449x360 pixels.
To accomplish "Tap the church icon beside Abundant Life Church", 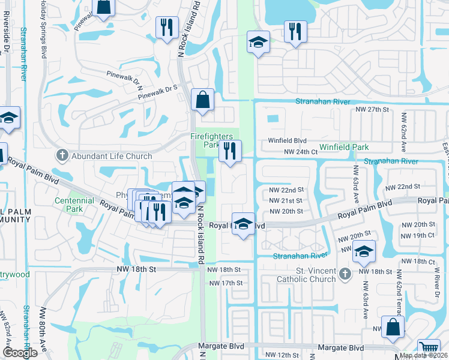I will [61, 156].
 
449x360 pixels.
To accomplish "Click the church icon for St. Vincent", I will [344, 274].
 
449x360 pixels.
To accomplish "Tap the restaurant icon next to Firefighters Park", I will [230, 152].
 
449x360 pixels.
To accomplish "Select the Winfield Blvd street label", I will [287, 141].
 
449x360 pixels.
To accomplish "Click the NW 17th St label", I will [224, 283].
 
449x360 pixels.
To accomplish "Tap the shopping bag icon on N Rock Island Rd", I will [202, 100].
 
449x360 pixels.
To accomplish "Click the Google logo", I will [20, 353].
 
